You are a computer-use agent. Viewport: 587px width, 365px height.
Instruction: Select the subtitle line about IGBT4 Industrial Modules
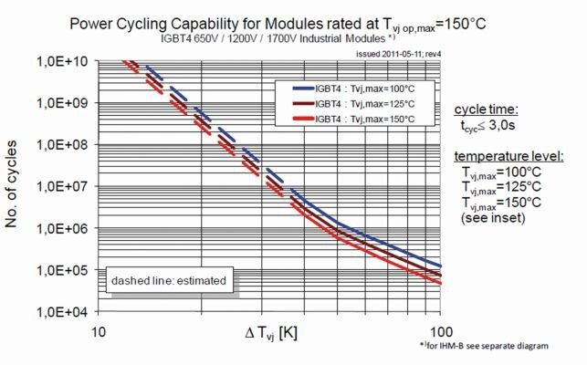(x=275, y=40)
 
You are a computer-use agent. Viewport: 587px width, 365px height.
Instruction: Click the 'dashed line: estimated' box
(x=171, y=281)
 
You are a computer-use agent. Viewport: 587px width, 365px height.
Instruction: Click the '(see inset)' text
(x=493, y=219)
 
